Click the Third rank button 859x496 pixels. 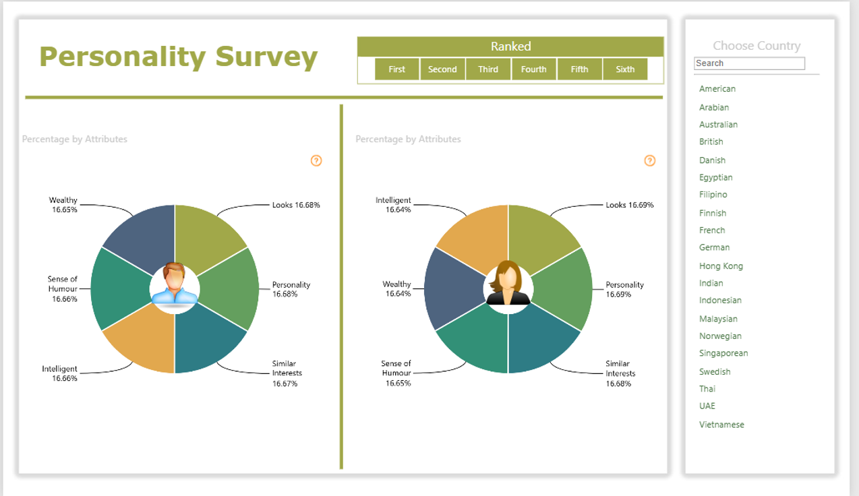point(488,69)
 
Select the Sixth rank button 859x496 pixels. point(625,69)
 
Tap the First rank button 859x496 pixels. point(396,69)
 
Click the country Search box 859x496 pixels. point(749,63)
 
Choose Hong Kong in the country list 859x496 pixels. point(721,266)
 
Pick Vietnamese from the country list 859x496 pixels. point(721,425)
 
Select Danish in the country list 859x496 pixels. point(712,160)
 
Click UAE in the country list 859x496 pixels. point(707,406)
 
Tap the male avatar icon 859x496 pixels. point(175,285)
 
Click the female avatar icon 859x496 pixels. point(508,283)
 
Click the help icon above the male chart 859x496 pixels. point(316,160)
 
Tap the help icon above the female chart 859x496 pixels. point(649,160)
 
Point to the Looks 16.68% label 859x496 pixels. point(296,205)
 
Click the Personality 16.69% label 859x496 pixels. point(624,289)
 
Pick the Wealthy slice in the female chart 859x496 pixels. point(452,288)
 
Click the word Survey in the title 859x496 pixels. point(266,57)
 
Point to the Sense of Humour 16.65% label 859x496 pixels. point(396,373)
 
